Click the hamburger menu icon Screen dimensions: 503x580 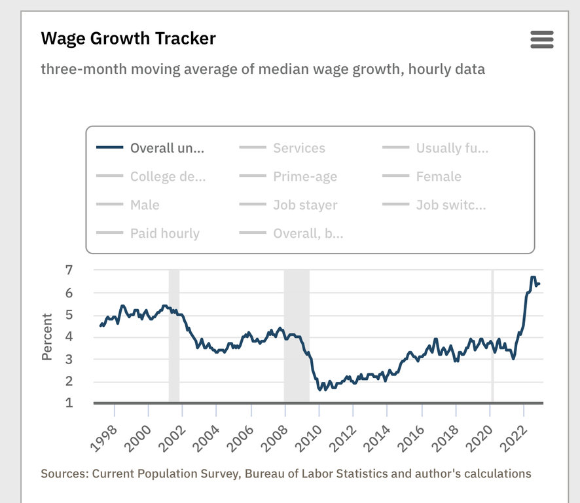[542, 39]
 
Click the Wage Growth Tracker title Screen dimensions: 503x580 [128, 38]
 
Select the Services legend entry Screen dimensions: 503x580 [299, 148]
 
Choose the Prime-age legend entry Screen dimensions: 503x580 [304, 176]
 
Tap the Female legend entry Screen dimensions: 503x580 [438, 176]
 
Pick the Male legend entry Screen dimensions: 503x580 [144, 205]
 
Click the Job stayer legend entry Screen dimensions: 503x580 [305, 205]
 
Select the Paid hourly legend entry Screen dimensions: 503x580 [164, 233]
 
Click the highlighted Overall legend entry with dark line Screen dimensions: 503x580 [167, 148]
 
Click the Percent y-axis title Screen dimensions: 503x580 [47, 337]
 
